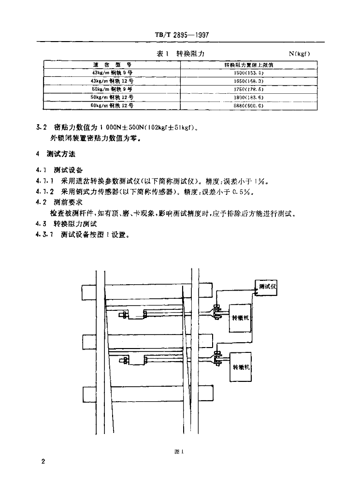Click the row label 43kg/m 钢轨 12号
pyautogui.click(x=112, y=80)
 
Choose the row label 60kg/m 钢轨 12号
pyautogui.click(x=112, y=105)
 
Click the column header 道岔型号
pyautogui.click(x=112, y=64)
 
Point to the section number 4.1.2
pyautogui.click(x=45, y=191)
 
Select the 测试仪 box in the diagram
pyautogui.click(x=267, y=287)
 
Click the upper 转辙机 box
pyautogui.click(x=241, y=318)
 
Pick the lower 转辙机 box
pyautogui.click(x=241, y=367)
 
